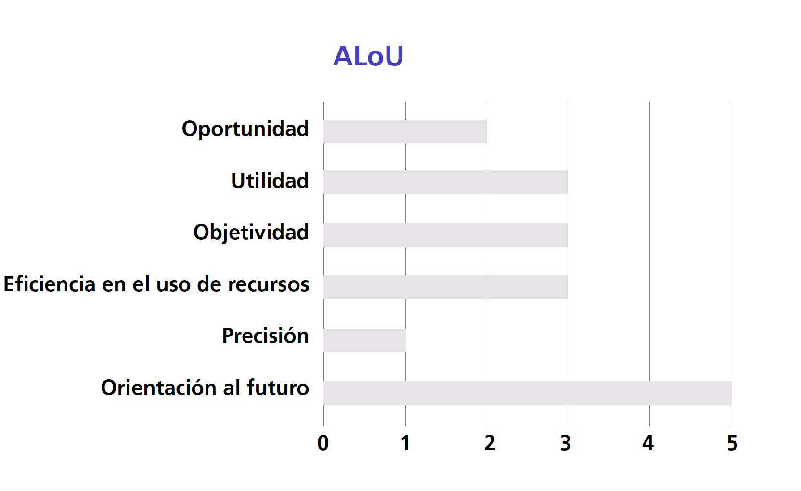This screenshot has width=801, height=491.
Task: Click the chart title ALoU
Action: pos(368,56)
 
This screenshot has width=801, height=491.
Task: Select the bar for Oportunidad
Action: pos(405,131)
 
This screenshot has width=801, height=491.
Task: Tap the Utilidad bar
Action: pos(446,181)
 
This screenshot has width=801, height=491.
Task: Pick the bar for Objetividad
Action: pos(446,235)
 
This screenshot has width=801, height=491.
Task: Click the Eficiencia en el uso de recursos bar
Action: pos(446,287)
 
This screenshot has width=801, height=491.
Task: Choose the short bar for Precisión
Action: pos(365,340)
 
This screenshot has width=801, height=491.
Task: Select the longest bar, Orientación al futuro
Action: pos(528,393)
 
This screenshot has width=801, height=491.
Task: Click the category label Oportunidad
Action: pos(245,129)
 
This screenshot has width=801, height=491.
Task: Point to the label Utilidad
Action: pos(270,180)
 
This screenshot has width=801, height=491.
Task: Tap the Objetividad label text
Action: pos(251,233)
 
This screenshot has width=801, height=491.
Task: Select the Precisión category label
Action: pos(265,336)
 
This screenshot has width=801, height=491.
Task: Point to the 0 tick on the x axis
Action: pos(323,443)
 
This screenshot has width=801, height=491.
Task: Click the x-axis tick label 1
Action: pos(405,443)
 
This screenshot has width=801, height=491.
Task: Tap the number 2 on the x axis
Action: pos(490,443)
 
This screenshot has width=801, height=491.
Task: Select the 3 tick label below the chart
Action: pos(565,443)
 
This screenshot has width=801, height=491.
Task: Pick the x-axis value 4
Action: pos(648,443)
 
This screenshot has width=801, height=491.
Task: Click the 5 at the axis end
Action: pos(732,443)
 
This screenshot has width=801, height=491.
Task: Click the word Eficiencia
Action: pos(50,284)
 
